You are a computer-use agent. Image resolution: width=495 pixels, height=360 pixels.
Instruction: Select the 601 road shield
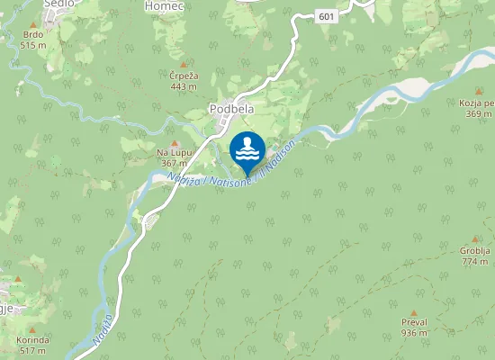[x=327, y=15]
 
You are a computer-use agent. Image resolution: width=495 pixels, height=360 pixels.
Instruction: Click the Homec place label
[x=164, y=5]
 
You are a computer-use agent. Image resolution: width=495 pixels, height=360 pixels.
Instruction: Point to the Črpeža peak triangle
[x=184, y=65]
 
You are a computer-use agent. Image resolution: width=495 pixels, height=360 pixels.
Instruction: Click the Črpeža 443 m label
[x=184, y=82]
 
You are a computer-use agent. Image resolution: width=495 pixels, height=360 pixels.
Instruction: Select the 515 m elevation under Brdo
[x=33, y=45]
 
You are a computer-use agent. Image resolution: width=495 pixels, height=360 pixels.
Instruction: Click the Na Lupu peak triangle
[x=175, y=142]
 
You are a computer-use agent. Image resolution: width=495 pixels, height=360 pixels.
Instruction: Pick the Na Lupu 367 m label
[x=174, y=158]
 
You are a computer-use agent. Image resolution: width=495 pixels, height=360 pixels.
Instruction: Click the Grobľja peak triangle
[x=475, y=239]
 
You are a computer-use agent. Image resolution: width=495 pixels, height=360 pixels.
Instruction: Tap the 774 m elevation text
[x=475, y=262]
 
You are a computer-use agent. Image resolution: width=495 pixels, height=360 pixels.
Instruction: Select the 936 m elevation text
[x=414, y=333]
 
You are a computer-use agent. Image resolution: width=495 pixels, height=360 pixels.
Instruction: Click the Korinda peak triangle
[x=32, y=328]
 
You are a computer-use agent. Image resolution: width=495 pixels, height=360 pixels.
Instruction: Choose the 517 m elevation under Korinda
[x=32, y=350]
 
